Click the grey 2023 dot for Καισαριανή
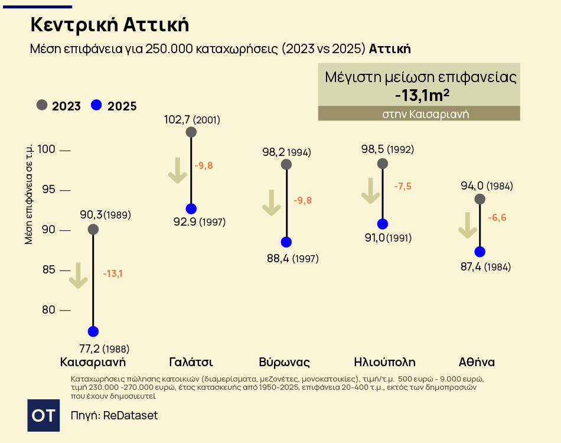(x=93, y=229)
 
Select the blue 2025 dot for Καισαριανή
(x=93, y=331)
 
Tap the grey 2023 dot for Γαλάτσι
(x=191, y=132)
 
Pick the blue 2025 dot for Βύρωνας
(x=286, y=242)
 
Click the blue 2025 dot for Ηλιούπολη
(x=383, y=224)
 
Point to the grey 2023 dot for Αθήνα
(x=480, y=199)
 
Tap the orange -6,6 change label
(x=497, y=218)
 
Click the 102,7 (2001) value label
(x=192, y=120)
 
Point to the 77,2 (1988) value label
(x=104, y=348)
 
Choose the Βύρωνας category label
(x=285, y=362)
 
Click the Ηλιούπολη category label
(x=384, y=362)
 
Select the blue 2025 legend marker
(x=96, y=106)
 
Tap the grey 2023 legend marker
(x=41, y=106)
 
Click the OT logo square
(x=44, y=415)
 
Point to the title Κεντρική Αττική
(x=109, y=25)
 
